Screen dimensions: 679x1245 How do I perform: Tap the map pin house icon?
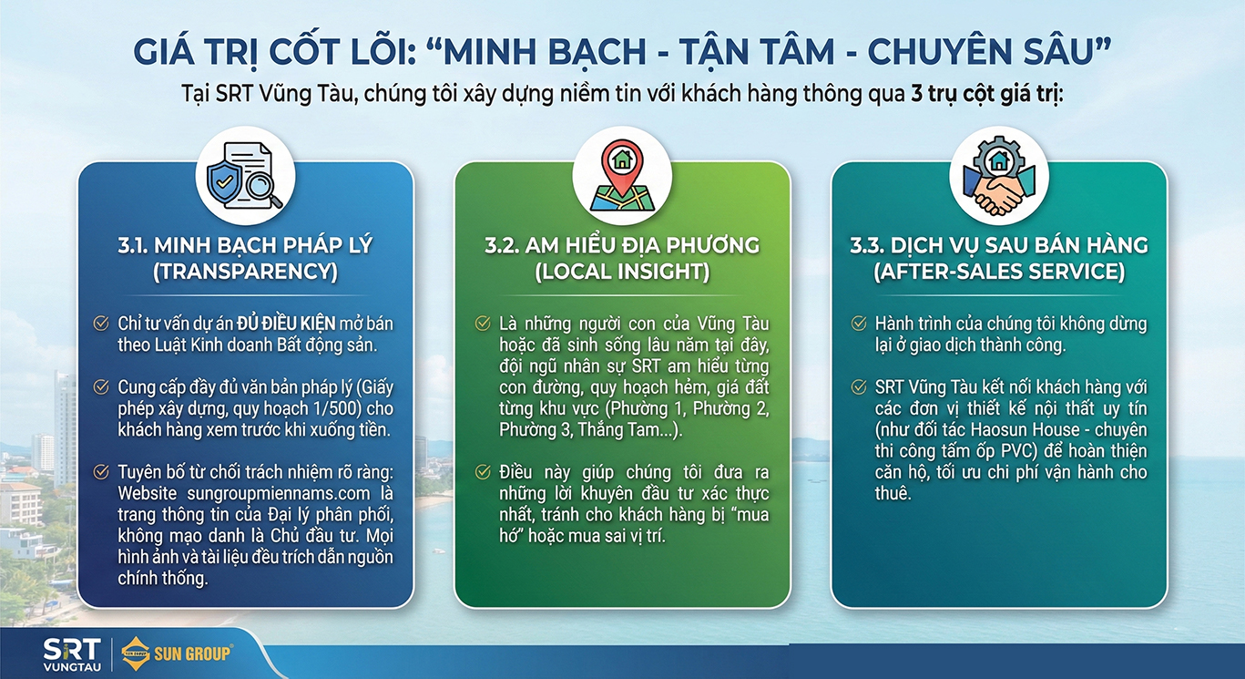coord(622,175)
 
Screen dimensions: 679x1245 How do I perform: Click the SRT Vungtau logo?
coord(68,653)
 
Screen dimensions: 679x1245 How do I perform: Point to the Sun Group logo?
coord(178,653)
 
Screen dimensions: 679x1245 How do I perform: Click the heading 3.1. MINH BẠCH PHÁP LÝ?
coord(245,245)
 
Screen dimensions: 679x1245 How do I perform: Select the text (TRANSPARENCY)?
coord(245,272)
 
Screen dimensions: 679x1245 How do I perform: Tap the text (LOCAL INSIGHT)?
coord(622,272)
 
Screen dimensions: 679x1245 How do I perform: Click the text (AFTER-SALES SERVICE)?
coord(999,272)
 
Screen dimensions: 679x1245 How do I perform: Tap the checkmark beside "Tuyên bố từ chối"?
coord(102,471)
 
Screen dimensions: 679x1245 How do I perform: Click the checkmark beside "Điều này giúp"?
coord(482,472)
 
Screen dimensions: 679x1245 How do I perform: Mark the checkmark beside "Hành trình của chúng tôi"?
coord(858,324)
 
